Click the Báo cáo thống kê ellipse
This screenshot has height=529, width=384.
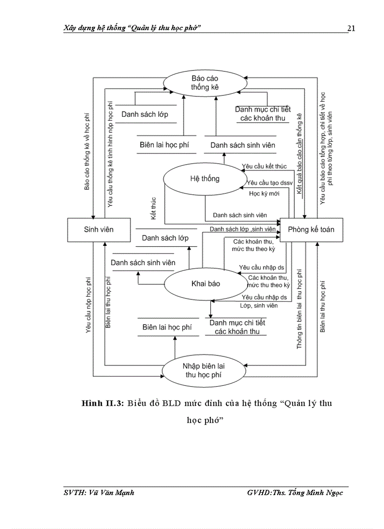[205, 82]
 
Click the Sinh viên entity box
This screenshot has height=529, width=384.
[99, 229]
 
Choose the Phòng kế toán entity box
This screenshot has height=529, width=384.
[311, 229]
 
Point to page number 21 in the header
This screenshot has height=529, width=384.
[351, 28]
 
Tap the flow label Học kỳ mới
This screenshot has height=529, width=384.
[265, 194]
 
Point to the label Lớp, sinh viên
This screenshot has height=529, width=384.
[258, 306]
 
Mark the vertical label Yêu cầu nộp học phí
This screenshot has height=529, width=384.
[88, 304]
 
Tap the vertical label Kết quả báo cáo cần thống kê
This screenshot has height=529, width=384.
[299, 153]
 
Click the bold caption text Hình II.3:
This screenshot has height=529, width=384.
[102, 404]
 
